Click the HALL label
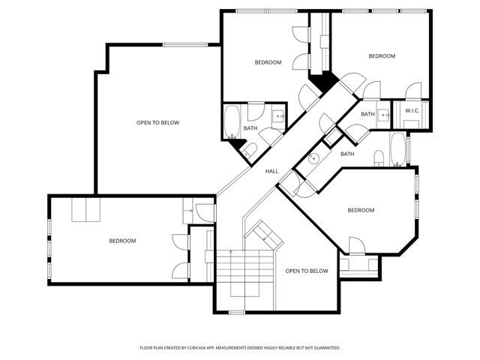(271, 171)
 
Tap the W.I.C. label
(412, 111)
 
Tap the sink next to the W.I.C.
(383, 115)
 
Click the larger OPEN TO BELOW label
(157, 122)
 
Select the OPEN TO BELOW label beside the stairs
(307, 271)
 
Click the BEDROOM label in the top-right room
(381, 56)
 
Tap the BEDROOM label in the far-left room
(122, 241)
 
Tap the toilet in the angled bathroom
(379, 157)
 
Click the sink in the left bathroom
(277, 115)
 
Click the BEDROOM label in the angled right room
(361, 210)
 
